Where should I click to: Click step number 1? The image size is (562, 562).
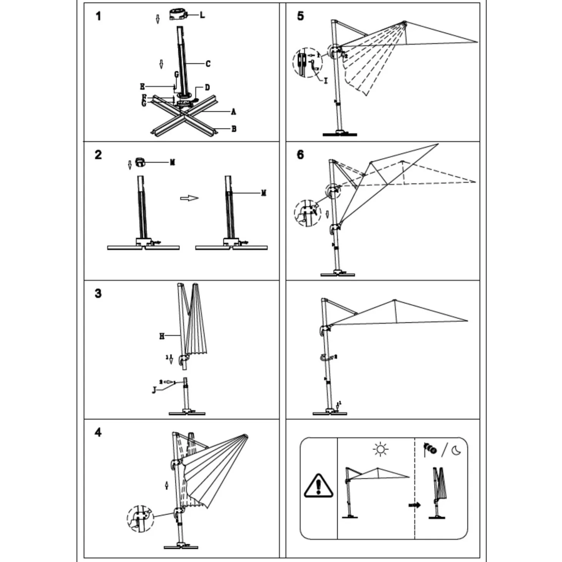pos(99,16)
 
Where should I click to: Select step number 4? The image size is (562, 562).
pos(98,432)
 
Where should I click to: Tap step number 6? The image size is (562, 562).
pos(300,155)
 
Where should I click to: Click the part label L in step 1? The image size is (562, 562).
pos(202,15)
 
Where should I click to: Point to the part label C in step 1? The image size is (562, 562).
pos(208,64)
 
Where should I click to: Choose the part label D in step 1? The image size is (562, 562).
pos(207,88)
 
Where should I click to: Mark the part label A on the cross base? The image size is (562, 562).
pos(233,112)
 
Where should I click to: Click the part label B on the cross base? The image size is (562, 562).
pos(234,129)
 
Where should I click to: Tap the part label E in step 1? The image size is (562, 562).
pos(142,87)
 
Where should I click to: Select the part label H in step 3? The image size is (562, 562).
pos(162,336)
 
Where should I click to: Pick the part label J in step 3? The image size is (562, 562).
pos(154,390)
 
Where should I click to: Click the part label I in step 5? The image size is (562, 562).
pos(326,81)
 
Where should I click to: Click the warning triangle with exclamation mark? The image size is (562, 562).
pos(318,486)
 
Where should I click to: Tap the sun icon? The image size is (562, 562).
pos(380,449)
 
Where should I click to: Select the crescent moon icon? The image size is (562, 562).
pos(457,450)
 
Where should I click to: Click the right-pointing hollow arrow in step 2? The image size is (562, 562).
pos(189,198)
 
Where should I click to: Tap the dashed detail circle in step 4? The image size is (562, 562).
pos(140,519)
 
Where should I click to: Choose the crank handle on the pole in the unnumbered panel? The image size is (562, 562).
pos(324,358)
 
